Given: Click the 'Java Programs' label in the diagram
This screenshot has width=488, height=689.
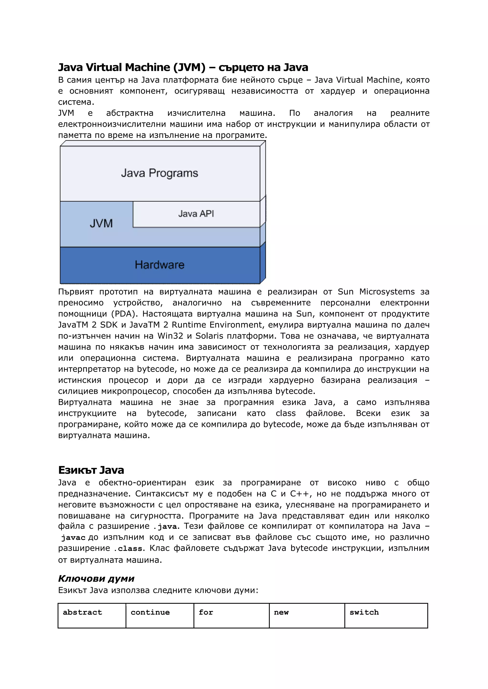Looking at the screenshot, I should click(160, 173).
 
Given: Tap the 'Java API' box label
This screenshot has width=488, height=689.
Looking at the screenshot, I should click(196, 214).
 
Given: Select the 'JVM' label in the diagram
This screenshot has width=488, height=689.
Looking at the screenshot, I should click(101, 223).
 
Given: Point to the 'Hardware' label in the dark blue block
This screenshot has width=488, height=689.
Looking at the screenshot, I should click(160, 265).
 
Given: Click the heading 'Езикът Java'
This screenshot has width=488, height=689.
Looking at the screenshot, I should click(91, 470).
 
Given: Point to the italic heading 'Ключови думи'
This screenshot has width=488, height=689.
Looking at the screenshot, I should click(96, 578).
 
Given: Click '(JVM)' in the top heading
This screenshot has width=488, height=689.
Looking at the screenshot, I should click(189, 68).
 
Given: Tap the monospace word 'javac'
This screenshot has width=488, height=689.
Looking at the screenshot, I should click(73, 538).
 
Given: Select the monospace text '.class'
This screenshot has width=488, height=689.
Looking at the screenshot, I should click(128, 549).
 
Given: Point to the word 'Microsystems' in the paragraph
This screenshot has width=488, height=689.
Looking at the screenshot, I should click(387, 292).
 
